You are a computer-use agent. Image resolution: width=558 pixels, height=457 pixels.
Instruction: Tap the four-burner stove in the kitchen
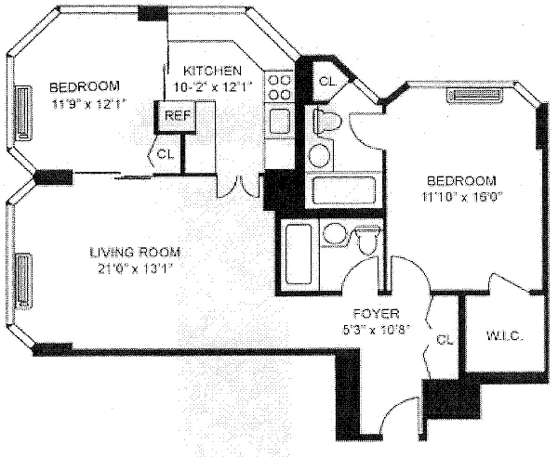click(279, 89)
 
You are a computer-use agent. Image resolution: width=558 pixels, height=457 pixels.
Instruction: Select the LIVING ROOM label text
click(135, 253)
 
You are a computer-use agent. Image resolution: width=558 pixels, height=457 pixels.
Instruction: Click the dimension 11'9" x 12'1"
click(86, 104)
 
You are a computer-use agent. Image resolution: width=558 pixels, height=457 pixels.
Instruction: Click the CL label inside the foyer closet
click(444, 340)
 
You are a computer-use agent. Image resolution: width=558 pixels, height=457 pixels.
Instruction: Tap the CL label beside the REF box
click(166, 153)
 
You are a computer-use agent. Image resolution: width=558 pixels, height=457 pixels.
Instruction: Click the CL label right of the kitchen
click(326, 81)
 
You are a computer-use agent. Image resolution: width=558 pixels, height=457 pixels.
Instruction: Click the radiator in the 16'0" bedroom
click(474, 94)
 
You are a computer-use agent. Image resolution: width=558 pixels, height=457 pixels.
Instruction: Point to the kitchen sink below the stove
click(278, 121)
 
